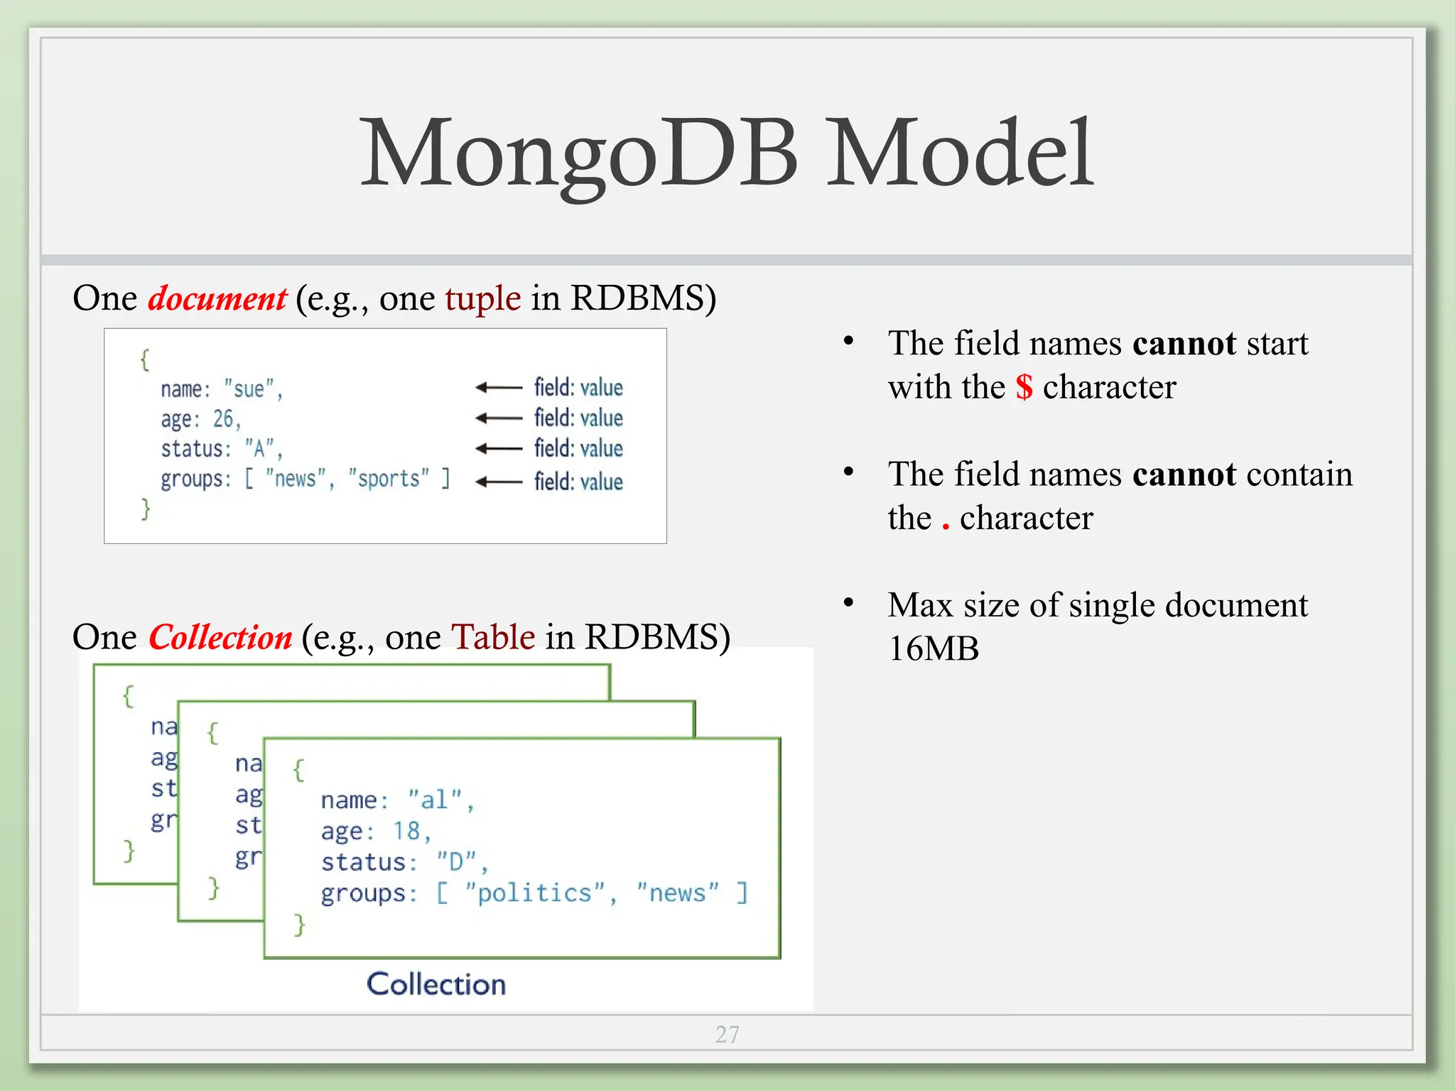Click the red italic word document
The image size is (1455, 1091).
point(217,298)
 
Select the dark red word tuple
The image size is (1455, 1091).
point(483,298)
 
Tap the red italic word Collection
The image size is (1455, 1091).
point(220,637)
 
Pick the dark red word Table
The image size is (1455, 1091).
point(493,637)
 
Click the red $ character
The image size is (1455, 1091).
point(1024,388)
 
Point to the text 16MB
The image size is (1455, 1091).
point(934,648)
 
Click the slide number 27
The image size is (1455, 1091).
point(727,1034)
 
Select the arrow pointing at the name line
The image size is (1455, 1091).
point(499,387)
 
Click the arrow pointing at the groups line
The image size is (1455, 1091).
point(499,482)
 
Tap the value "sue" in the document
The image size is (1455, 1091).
point(249,389)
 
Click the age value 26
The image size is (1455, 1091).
point(223,419)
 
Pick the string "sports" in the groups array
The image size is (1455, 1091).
point(389,479)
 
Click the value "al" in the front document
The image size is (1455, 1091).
point(435,800)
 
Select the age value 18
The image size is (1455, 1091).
point(407,831)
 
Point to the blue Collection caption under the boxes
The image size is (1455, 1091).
point(436,984)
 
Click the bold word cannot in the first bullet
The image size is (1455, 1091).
point(1184,344)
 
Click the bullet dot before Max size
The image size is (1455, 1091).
point(848,603)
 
